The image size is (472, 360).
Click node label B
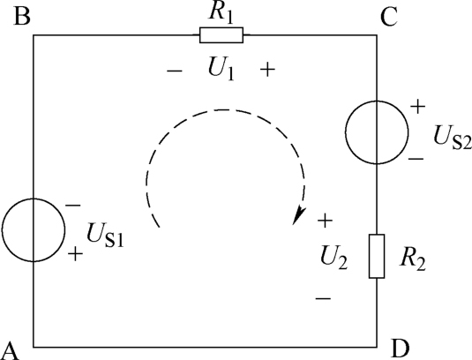(x=22, y=16)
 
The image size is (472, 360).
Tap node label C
(x=389, y=17)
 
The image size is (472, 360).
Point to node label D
(x=401, y=349)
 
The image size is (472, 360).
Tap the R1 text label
(x=221, y=14)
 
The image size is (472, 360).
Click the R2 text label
(x=412, y=260)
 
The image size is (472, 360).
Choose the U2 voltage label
(x=333, y=259)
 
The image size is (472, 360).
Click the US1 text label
(x=105, y=236)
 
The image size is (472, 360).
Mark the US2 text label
(x=453, y=139)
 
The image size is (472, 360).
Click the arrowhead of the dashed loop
(x=298, y=215)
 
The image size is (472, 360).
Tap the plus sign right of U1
(x=267, y=70)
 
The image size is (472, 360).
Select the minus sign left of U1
(x=175, y=71)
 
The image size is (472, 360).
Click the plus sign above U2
(x=325, y=221)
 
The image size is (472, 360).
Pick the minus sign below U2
(x=323, y=298)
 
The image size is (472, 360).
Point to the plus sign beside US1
(x=75, y=254)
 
